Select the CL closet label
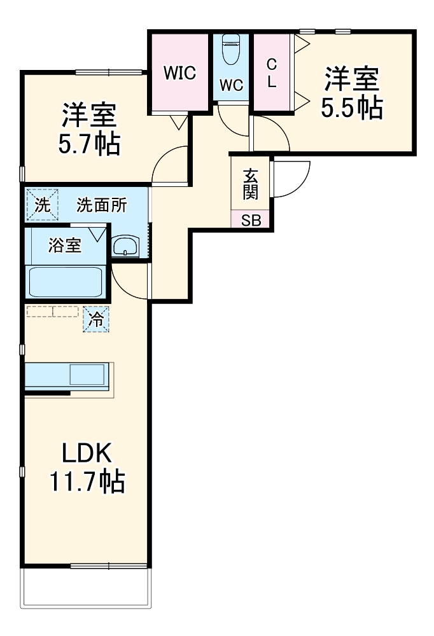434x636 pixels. click(x=272, y=74)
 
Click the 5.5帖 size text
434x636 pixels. click(x=351, y=108)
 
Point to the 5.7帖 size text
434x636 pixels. click(x=88, y=145)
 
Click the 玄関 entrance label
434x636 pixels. click(x=249, y=184)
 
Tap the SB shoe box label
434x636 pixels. click(x=250, y=221)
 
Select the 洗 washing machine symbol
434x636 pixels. click(x=41, y=205)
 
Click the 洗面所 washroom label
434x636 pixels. click(x=102, y=205)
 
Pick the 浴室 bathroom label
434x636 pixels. click(x=65, y=245)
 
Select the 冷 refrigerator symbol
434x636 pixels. click(x=95, y=320)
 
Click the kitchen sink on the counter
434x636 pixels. click(x=87, y=375)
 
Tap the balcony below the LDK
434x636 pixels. click(x=87, y=586)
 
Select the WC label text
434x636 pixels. click(x=231, y=86)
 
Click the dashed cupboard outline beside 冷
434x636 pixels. click(x=52, y=312)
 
